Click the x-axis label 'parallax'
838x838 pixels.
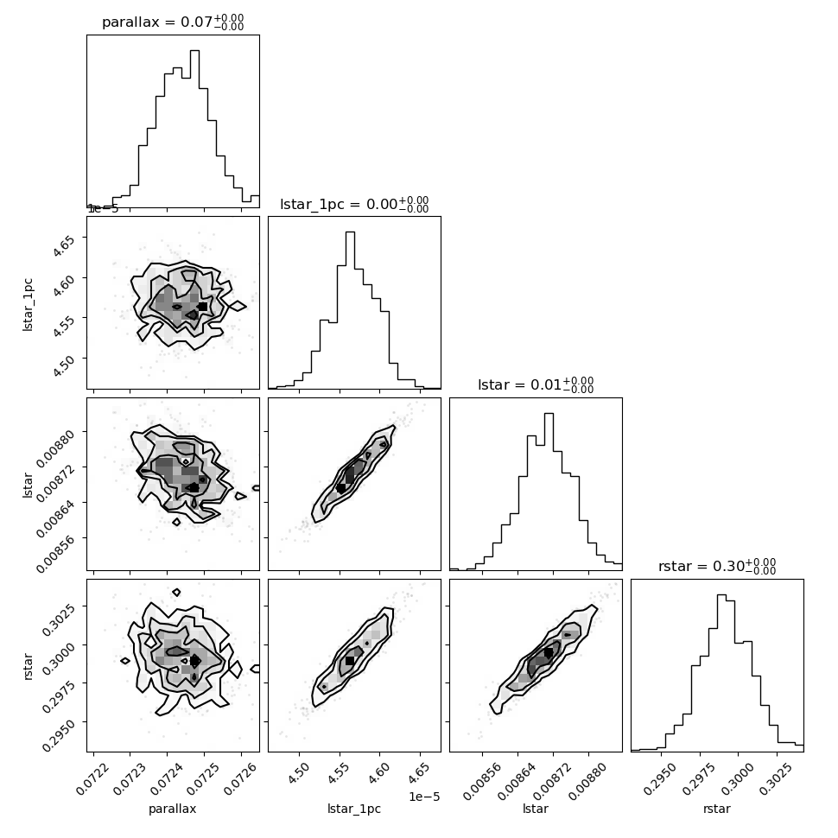coord(173,809)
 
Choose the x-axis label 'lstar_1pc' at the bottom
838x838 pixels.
coord(354,809)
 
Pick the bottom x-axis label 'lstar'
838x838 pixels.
coord(536,809)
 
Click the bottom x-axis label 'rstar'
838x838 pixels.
coord(717,809)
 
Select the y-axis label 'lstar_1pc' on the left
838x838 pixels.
coord(28,305)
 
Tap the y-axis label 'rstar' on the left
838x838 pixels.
coord(28,666)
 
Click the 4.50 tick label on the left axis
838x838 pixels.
coord(64,366)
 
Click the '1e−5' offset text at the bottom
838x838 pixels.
coord(424,797)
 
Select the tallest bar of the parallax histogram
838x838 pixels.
coord(194,129)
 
